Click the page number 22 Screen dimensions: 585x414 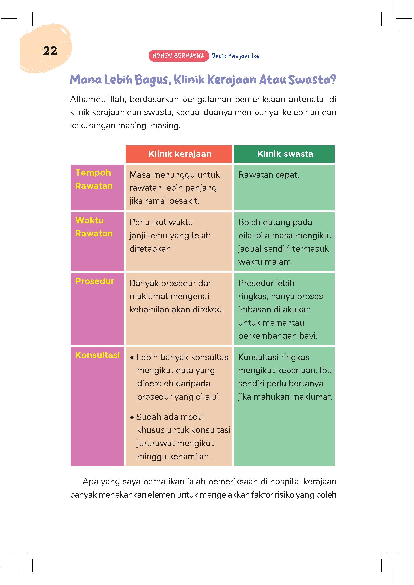50,51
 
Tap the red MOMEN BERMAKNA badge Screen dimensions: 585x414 178,56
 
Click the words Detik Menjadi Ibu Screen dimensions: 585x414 235,56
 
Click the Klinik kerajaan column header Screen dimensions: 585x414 180,154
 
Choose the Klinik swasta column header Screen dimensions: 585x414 285,154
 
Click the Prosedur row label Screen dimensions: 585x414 95,281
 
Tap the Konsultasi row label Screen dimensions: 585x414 97,355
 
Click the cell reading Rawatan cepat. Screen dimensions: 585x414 268,175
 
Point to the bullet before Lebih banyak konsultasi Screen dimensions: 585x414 132,358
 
